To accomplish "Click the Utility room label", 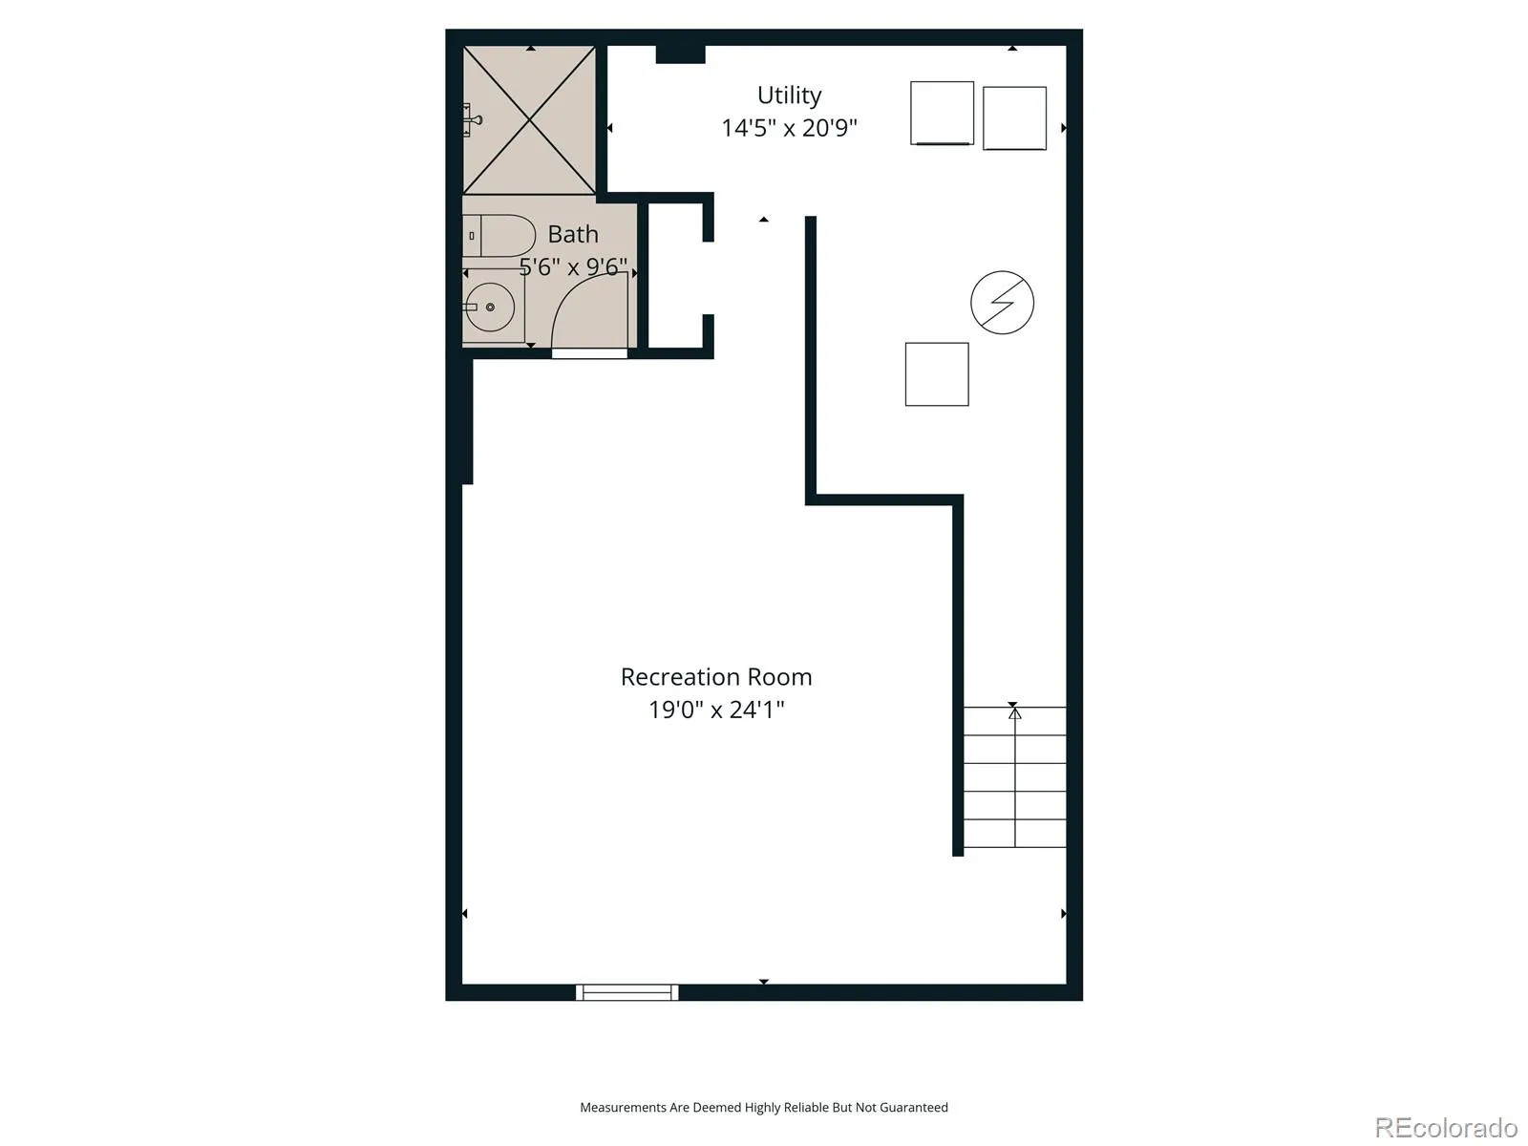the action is [x=789, y=95].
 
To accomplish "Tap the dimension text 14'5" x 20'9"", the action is [x=789, y=128].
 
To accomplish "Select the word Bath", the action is [x=573, y=234].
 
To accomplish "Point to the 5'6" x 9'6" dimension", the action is [x=574, y=266].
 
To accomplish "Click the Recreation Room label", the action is [x=716, y=676].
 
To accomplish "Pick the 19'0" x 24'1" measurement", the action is [x=716, y=710].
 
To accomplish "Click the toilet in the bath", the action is [x=499, y=236].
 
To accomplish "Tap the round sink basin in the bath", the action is [x=490, y=307].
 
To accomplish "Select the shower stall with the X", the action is [x=529, y=120].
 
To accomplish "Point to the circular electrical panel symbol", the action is [x=1002, y=303].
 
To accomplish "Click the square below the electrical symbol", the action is [x=937, y=374].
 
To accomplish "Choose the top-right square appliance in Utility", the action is [x=1014, y=118].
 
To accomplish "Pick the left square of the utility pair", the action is [x=942, y=114].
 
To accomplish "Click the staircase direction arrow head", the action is [x=1015, y=714].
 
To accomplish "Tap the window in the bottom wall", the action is [x=627, y=992].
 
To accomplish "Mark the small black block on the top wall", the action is [x=680, y=54].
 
